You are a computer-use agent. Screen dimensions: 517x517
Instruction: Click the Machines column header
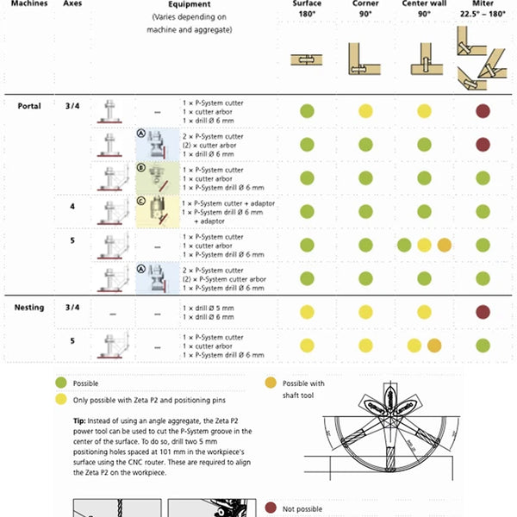[x=26, y=3]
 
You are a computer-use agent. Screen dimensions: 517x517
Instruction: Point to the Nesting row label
[x=31, y=308]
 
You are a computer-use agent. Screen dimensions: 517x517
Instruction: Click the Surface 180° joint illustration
[x=307, y=60]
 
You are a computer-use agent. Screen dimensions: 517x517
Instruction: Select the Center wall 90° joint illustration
[x=423, y=59]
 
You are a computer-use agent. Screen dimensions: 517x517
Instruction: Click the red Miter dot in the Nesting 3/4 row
[x=483, y=311]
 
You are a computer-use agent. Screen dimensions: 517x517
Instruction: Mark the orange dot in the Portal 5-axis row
[x=444, y=245]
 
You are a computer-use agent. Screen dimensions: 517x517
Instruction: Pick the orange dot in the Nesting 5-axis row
[x=433, y=346]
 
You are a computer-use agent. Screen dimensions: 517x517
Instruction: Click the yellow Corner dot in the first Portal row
[x=365, y=110]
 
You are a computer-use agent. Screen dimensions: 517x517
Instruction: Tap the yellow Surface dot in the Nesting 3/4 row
[x=307, y=311]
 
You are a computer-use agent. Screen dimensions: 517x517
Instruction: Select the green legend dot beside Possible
[x=60, y=383]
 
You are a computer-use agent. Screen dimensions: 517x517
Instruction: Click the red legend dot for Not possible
[x=271, y=508]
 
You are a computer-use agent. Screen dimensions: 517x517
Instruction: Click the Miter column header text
[x=483, y=4]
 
